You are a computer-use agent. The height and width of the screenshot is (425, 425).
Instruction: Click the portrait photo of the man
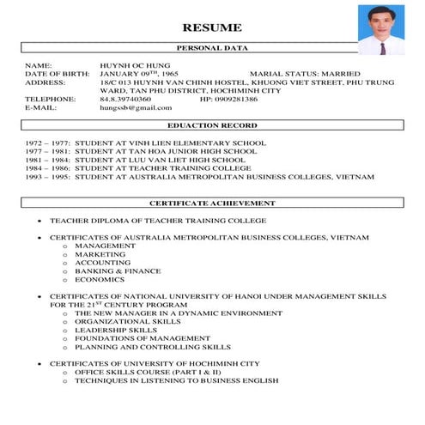point(381,29)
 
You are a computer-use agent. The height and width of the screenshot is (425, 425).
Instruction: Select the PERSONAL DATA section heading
point(212,48)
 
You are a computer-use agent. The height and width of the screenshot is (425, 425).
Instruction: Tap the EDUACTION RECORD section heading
point(212,125)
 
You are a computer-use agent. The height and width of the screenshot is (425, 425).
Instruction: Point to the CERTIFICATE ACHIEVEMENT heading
point(212,203)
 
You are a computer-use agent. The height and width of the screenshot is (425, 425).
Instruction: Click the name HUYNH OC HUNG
point(135,65)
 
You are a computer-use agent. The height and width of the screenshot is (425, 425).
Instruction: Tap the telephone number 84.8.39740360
point(125,99)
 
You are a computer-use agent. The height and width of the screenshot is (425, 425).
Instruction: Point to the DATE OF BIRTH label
point(57,74)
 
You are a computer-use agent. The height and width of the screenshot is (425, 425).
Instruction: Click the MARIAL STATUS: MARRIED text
point(305,74)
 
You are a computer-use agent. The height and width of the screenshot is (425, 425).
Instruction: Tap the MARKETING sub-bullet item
point(100,254)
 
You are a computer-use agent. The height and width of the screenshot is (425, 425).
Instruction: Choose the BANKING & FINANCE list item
point(118,271)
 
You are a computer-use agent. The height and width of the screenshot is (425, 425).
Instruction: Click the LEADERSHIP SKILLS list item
point(116,330)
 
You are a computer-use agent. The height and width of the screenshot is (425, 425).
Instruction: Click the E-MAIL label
point(39,107)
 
